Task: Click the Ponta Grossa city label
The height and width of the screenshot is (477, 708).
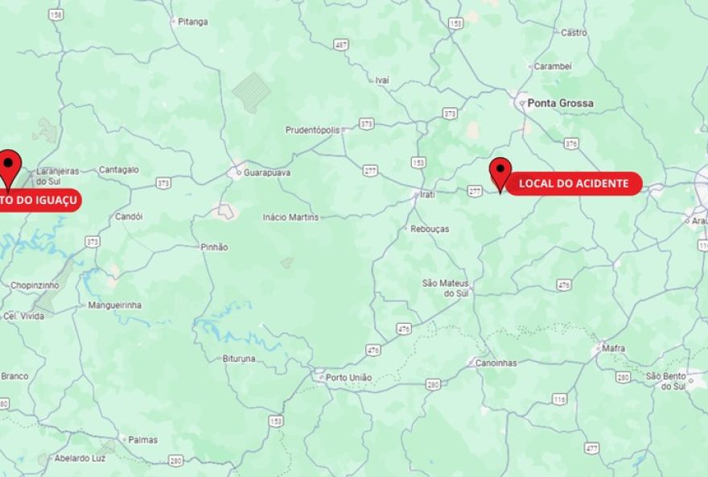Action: (x=561, y=103)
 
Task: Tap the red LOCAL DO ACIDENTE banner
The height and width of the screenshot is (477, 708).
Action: (x=573, y=184)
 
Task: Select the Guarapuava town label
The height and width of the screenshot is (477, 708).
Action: (x=267, y=172)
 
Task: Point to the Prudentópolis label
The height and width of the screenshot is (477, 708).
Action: (x=313, y=130)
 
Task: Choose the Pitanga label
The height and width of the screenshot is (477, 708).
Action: (x=192, y=22)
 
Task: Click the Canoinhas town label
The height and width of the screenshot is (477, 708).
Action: (x=496, y=363)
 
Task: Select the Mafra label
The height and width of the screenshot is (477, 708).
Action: (x=614, y=349)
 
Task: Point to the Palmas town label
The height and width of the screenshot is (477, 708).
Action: (x=142, y=440)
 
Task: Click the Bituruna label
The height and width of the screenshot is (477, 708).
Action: (x=239, y=358)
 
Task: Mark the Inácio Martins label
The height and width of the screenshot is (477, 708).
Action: (x=290, y=217)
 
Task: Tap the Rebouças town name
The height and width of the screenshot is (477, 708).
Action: (x=430, y=229)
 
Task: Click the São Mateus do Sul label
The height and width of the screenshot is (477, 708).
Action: (x=446, y=288)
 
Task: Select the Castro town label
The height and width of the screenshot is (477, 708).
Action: (x=574, y=33)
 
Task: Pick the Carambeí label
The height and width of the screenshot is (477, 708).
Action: (x=553, y=66)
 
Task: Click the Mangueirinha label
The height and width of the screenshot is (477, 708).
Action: (x=114, y=305)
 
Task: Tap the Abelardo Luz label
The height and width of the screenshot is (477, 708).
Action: (x=80, y=458)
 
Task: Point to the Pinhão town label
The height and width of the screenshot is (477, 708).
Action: (x=214, y=247)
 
